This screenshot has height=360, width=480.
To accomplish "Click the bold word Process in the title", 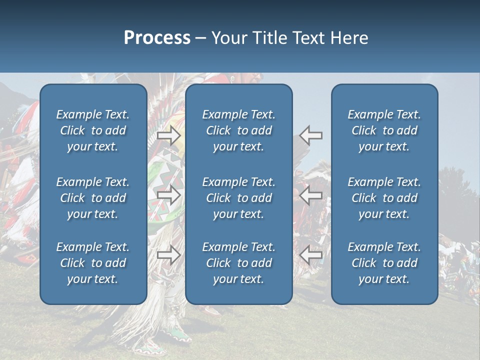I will [x=157, y=38].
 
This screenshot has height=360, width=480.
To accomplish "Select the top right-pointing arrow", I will [x=169, y=135].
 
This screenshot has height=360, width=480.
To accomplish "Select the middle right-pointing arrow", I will [x=169, y=195].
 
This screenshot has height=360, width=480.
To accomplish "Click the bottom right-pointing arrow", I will [x=169, y=255].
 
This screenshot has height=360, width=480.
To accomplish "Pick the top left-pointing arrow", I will [x=311, y=135].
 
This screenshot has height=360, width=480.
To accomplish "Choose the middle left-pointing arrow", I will [x=311, y=195].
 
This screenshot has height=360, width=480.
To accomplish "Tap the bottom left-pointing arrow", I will [x=311, y=255].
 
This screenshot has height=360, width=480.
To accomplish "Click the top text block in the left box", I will [x=93, y=130].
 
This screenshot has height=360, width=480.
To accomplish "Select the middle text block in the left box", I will [x=93, y=198].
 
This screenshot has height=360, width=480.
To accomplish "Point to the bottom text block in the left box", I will [x=93, y=263].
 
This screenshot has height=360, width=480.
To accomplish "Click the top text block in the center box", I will [x=239, y=130].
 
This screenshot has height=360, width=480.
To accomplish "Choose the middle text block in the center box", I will [x=239, y=198].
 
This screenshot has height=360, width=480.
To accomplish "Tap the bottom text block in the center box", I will [x=239, y=263].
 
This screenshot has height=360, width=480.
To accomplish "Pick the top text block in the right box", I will [x=384, y=130].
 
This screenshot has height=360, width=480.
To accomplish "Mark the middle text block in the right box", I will [x=384, y=198].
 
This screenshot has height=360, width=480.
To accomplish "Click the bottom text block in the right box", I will [x=384, y=263].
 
